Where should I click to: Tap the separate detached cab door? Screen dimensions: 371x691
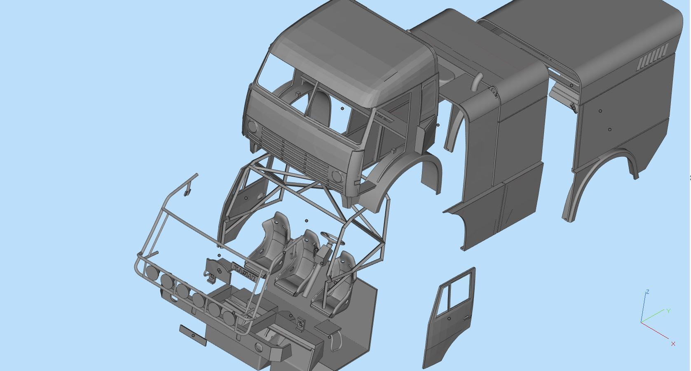pos(450,318)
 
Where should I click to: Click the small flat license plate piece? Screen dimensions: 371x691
pos(193,335)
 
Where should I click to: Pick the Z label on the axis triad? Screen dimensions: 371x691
pos(648,292)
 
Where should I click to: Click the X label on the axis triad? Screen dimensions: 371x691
pos(673,343)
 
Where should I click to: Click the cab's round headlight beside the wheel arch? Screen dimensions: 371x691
pos(337,177)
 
